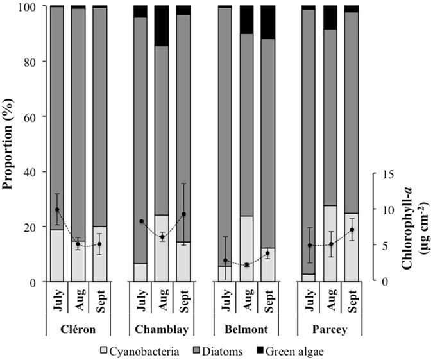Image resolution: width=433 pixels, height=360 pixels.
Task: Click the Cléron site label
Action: (x=78, y=329)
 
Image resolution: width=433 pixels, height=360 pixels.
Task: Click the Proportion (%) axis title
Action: (x=9, y=144)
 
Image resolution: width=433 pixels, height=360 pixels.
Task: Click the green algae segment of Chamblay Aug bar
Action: (x=162, y=26)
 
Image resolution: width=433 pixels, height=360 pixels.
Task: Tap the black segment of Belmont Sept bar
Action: (x=267, y=22)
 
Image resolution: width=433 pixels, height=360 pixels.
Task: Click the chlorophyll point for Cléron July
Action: (x=57, y=210)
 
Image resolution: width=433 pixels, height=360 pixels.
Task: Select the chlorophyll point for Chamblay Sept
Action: (x=183, y=214)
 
